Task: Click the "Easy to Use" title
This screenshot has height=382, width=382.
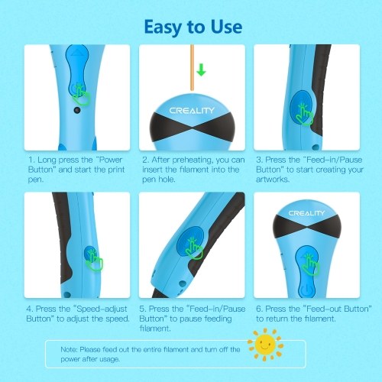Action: [x=193, y=28]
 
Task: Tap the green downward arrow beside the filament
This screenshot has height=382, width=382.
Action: [x=201, y=70]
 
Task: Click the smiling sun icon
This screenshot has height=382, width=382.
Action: [x=265, y=345]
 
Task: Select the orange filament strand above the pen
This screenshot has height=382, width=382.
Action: [x=193, y=67]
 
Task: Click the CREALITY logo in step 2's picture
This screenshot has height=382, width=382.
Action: [x=192, y=111]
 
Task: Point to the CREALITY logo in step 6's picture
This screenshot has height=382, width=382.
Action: [x=306, y=213]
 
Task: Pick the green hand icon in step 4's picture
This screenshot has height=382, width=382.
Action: [x=94, y=260]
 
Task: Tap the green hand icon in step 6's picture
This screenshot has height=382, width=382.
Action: [x=311, y=265]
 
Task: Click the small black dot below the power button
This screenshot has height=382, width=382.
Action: [x=77, y=110]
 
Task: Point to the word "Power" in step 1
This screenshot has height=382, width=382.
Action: [x=111, y=160]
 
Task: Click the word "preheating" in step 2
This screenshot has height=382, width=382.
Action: [x=193, y=160]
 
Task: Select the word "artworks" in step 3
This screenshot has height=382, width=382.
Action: [x=273, y=180]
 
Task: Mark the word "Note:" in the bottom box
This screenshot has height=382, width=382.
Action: [x=69, y=349]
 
